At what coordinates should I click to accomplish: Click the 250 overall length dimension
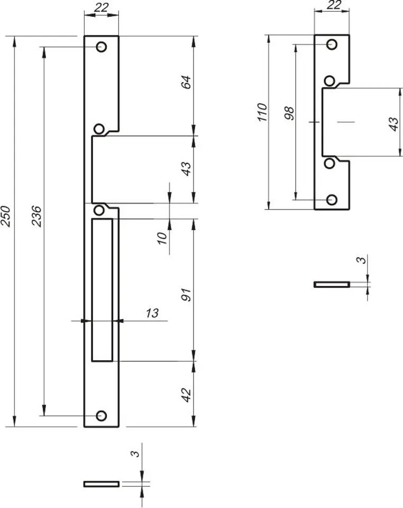7,216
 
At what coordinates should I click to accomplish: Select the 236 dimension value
36,216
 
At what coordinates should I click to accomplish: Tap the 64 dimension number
186,83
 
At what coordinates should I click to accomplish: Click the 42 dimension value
186,395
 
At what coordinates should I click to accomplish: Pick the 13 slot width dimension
152,313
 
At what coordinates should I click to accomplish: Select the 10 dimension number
162,238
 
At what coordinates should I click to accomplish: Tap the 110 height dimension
262,112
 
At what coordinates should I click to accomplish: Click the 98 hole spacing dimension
290,113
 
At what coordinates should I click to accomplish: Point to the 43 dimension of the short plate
394,124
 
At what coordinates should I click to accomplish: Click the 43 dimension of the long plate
186,169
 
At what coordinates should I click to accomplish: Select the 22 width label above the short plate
333,5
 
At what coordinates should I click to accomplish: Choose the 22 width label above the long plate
101,7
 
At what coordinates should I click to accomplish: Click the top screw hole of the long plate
102,47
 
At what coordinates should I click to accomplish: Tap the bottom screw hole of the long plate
102,416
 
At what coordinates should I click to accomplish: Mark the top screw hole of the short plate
332,44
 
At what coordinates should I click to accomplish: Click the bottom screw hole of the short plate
332,200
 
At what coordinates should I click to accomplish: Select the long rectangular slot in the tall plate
102,290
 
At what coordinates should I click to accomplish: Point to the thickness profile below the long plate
102,484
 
